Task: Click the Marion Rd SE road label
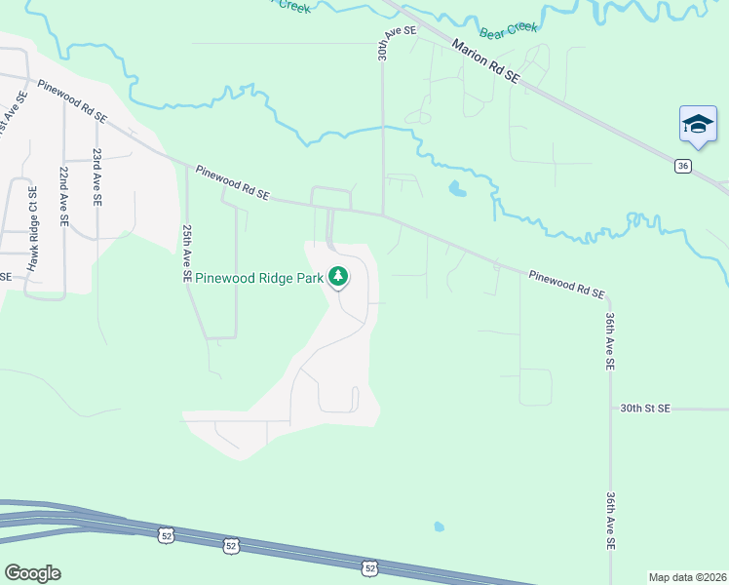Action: [x=483, y=61]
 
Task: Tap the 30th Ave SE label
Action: [x=385, y=45]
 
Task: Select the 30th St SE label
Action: [x=645, y=409]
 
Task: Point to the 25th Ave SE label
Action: [x=186, y=253]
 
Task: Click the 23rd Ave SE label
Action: [x=96, y=176]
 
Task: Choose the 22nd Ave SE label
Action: [x=62, y=197]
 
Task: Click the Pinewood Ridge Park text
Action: [x=258, y=278]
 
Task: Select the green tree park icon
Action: [x=338, y=278]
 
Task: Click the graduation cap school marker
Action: [x=697, y=124]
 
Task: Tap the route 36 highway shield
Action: [x=683, y=166]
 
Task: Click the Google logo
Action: [x=32, y=573]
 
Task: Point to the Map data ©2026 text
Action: [x=687, y=577]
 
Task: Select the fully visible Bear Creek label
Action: [x=507, y=27]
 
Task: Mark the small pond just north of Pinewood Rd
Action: [x=456, y=189]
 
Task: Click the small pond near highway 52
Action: [x=439, y=527]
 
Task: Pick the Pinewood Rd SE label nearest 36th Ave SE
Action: [x=567, y=285]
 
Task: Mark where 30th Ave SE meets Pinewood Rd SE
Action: [x=383, y=214]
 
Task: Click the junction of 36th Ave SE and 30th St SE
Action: [x=609, y=409]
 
